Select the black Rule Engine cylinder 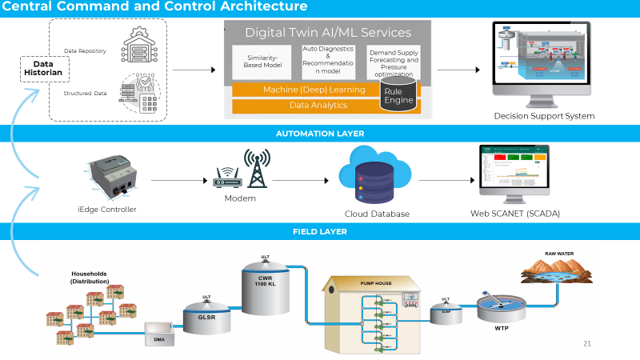click(398, 97)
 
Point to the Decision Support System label click(544, 116)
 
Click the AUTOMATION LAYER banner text click(319, 134)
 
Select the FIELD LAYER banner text click(319, 232)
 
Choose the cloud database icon click(376, 179)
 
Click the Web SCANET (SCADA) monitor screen click(514, 171)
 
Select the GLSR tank click(206, 316)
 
